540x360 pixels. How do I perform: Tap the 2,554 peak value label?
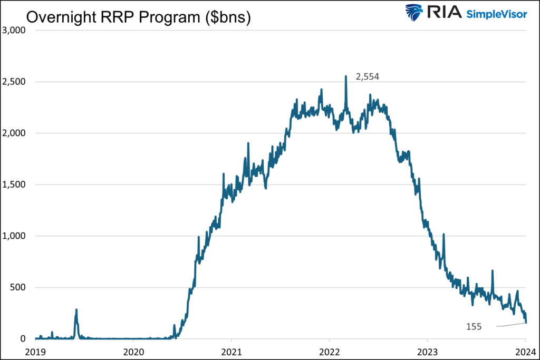368,76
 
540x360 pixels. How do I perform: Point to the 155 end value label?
474,327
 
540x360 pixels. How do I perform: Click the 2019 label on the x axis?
35,350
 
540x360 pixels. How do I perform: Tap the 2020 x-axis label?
133,350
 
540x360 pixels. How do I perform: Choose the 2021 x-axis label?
232,350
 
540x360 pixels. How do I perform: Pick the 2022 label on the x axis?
330,350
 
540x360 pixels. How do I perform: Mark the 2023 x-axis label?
427,350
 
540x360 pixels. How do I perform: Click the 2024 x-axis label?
525,350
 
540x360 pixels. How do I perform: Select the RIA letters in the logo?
444,13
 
